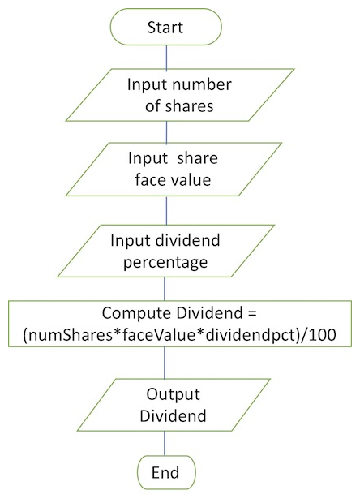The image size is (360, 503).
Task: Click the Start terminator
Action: [x=165, y=27]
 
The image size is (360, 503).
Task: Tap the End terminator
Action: [x=166, y=472]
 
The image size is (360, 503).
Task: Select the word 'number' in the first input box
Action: [x=202, y=85]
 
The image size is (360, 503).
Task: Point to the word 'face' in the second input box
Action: [x=148, y=179]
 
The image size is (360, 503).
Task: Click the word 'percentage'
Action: [x=165, y=263]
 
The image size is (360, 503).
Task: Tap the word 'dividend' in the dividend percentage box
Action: [x=188, y=241]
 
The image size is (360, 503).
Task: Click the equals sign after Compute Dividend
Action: [x=252, y=313]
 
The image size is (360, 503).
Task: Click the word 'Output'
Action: [x=173, y=394]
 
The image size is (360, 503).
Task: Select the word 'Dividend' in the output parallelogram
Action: [x=173, y=415]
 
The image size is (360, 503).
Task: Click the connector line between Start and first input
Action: [x=166, y=57]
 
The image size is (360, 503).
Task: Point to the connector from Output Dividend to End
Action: [x=165, y=443]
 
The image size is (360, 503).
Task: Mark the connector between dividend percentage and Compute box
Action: [x=165, y=289]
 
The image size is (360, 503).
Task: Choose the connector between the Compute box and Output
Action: [x=165, y=363]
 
